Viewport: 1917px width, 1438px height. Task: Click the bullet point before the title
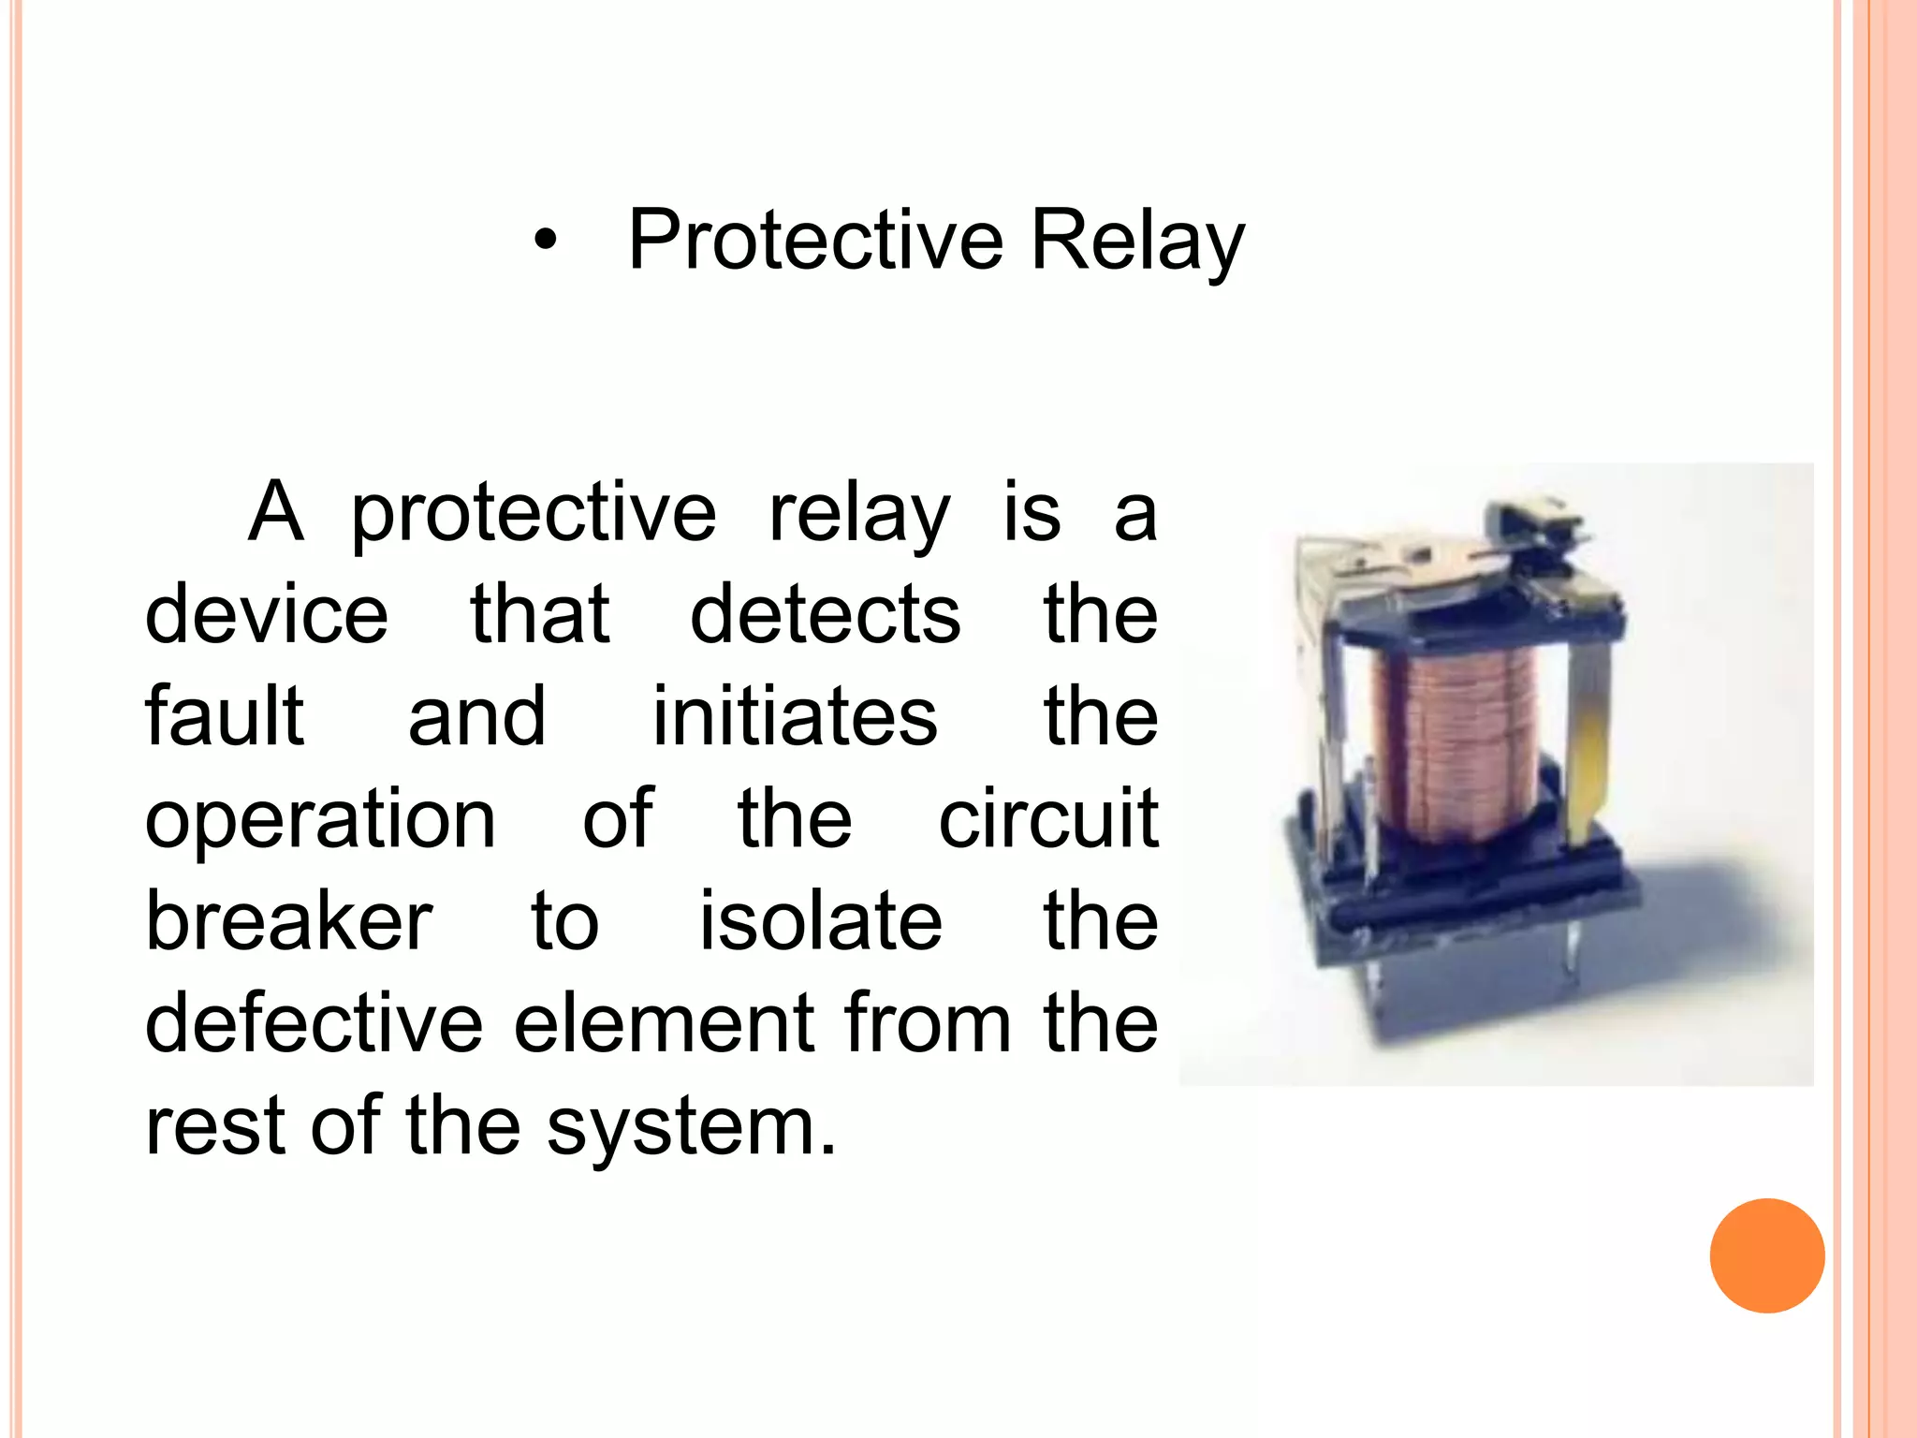click(x=546, y=242)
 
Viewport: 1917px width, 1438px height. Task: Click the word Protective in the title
click(x=815, y=241)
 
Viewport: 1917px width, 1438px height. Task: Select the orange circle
click(x=1766, y=1255)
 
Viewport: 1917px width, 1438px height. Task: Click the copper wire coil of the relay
click(x=1456, y=740)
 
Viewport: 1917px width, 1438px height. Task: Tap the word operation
click(x=320, y=821)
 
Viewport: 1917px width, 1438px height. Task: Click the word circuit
click(x=1048, y=819)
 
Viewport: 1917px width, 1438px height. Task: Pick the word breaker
click(x=288, y=921)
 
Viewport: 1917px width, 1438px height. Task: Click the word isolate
click(x=821, y=921)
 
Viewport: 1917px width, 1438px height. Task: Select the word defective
click(x=314, y=1023)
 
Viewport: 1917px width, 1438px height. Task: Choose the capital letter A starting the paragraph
click(x=276, y=512)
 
